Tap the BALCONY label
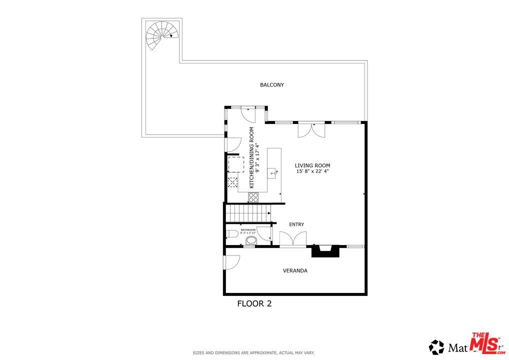271,85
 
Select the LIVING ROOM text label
312,165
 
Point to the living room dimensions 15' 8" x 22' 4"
312,171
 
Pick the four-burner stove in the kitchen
253,197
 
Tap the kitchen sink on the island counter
273,173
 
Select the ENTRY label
296,224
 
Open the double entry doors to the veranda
292,239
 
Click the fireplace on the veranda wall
325,250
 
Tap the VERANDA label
295,270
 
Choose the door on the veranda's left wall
231,262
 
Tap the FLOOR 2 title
254,303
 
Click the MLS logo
487,343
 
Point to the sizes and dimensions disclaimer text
254,352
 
